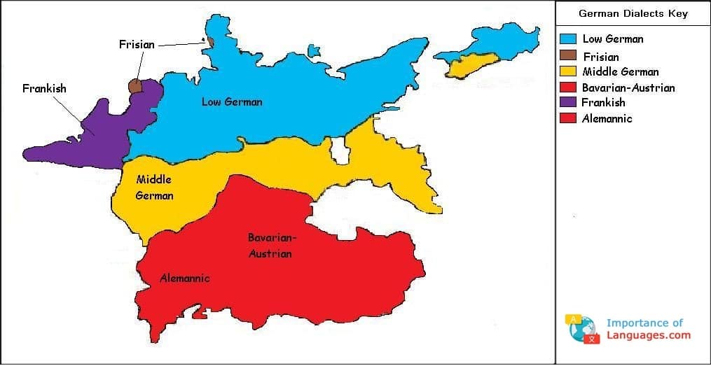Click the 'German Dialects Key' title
[x=633, y=13]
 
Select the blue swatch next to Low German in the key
[x=568, y=39]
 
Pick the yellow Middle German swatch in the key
[x=568, y=71]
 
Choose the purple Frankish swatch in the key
[x=568, y=102]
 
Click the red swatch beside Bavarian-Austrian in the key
[x=568, y=87]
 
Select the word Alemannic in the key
[x=607, y=118]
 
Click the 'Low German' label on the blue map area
[x=232, y=102]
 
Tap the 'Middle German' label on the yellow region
[x=154, y=188]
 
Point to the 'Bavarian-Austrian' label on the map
[x=270, y=246]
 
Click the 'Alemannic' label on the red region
[x=185, y=279]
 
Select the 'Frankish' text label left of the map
[x=44, y=89]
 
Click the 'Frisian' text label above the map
[x=137, y=44]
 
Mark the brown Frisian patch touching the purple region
[x=135, y=86]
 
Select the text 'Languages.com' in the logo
[x=648, y=335]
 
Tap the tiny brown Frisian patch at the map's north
[x=209, y=42]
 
